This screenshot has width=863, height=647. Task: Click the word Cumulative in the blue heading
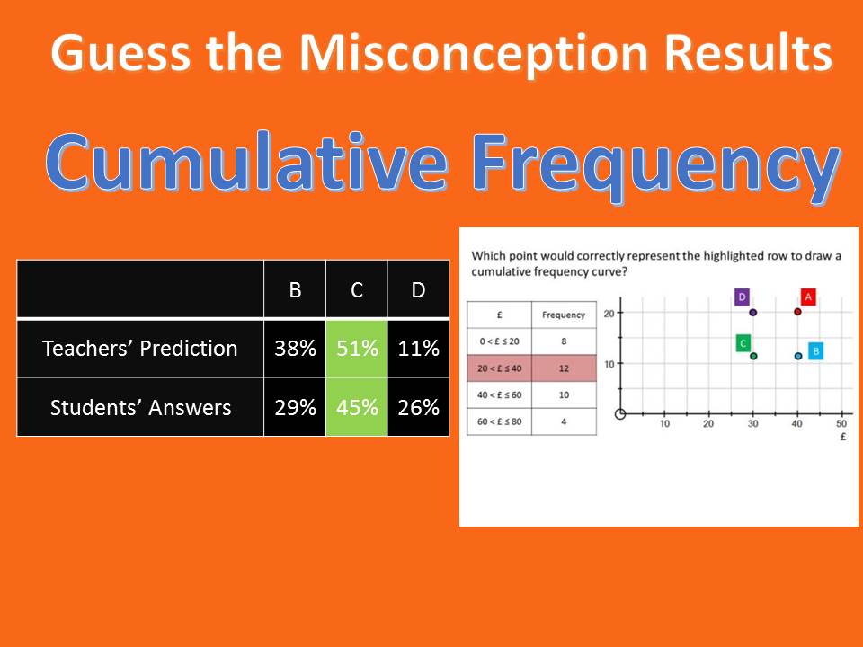(x=246, y=163)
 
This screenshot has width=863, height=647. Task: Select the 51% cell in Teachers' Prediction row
(x=357, y=349)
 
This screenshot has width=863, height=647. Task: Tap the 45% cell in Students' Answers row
(x=357, y=407)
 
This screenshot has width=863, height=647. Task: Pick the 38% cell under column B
(x=295, y=349)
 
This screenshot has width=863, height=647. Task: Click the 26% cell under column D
(x=418, y=407)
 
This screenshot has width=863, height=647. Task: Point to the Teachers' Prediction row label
(x=140, y=349)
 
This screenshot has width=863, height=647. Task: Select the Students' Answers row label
(x=140, y=408)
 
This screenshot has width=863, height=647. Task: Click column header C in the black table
(x=357, y=290)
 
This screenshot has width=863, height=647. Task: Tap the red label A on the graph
(x=808, y=297)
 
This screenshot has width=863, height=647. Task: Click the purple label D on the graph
(x=742, y=297)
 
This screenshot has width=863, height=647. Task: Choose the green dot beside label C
(x=753, y=356)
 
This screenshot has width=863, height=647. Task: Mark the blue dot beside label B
(x=798, y=356)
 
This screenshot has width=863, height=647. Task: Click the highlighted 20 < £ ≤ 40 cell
(x=499, y=368)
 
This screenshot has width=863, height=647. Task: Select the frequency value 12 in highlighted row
(x=564, y=368)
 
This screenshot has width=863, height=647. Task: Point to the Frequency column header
(x=564, y=315)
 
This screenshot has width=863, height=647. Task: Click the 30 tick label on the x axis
(x=753, y=423)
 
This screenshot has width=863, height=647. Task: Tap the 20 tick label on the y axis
(x=609, y=314)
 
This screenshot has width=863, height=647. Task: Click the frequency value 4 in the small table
(x=564, y=421)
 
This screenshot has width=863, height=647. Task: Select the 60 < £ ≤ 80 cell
(x=499, y=421)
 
